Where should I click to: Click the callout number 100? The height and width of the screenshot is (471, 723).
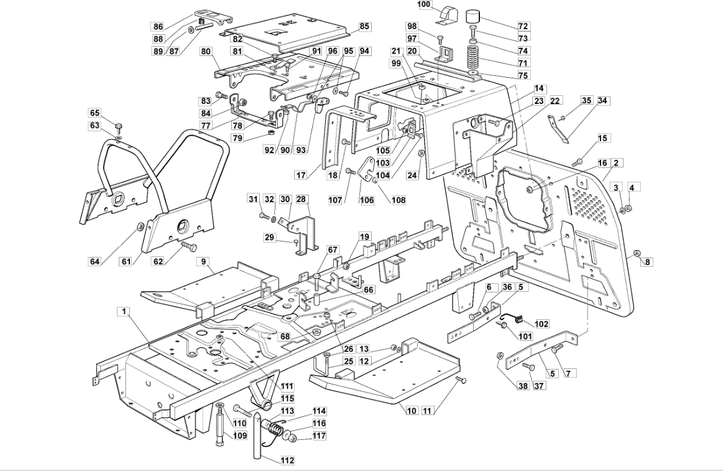424,4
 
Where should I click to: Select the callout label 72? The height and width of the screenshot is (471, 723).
523,26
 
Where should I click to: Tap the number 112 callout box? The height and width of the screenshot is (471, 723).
287,460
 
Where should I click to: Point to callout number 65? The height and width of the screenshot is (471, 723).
94,113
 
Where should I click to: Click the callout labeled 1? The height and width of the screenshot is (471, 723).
124,312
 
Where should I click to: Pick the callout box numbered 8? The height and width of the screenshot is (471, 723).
647,262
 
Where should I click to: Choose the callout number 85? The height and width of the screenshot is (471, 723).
364,26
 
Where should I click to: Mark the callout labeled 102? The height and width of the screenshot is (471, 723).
541,324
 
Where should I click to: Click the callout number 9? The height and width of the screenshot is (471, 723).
203,261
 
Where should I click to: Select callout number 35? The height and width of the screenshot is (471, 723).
586,101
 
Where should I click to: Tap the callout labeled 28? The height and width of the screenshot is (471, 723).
301,199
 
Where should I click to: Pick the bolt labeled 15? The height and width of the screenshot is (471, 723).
578,162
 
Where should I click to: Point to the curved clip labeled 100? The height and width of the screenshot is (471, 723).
446,14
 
